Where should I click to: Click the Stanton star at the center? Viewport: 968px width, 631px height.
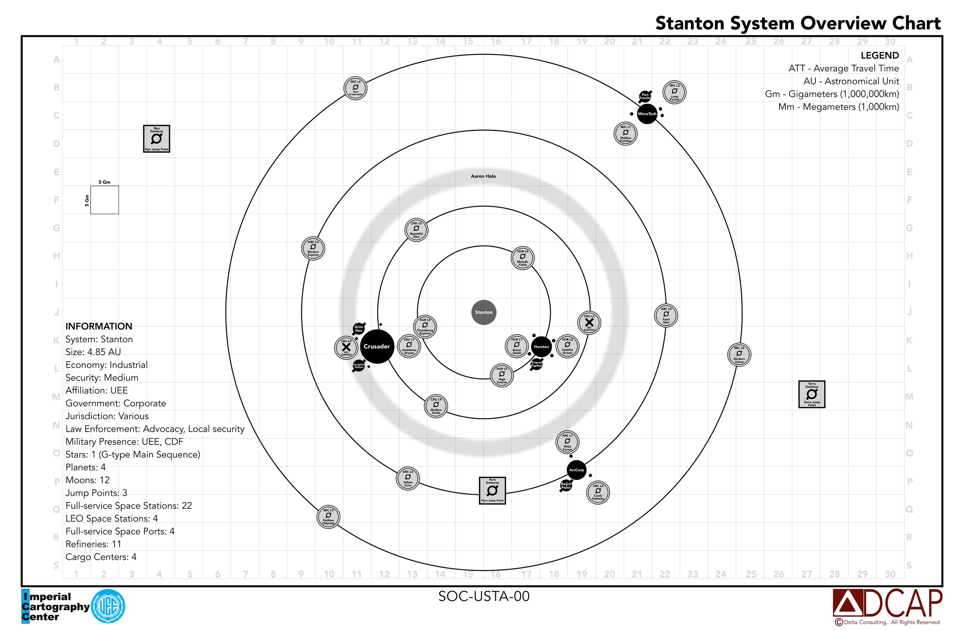point(484,312)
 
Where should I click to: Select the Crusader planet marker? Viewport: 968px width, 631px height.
point(377,346)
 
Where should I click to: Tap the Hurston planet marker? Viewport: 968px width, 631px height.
point(541,347)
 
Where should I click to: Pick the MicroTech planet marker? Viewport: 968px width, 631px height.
point(647,114)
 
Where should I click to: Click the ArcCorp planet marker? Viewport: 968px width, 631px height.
point(576,470)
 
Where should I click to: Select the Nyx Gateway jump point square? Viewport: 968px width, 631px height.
point(156,139)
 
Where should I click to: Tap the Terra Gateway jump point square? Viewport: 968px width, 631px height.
point(812,394)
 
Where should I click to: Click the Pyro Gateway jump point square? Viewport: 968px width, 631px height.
point(492,490)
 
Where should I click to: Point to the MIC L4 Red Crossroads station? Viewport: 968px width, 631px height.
point(355,88)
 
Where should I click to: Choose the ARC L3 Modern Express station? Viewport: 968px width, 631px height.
point(313,248)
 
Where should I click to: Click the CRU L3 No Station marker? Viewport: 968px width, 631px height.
point(589,322)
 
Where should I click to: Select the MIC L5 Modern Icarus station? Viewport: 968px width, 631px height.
point(739,355)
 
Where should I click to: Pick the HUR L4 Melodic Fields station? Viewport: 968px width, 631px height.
point(522,258)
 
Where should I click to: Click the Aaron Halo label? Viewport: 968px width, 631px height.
point(483,176)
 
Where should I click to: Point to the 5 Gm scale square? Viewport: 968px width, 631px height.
point(105,200)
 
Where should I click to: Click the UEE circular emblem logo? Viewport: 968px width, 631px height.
point(108,607)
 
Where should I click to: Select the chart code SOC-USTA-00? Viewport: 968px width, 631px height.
point(484,597)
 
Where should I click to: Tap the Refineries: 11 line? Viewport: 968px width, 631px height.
point(94,544)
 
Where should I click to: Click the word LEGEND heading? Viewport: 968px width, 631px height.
point(879,55)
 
